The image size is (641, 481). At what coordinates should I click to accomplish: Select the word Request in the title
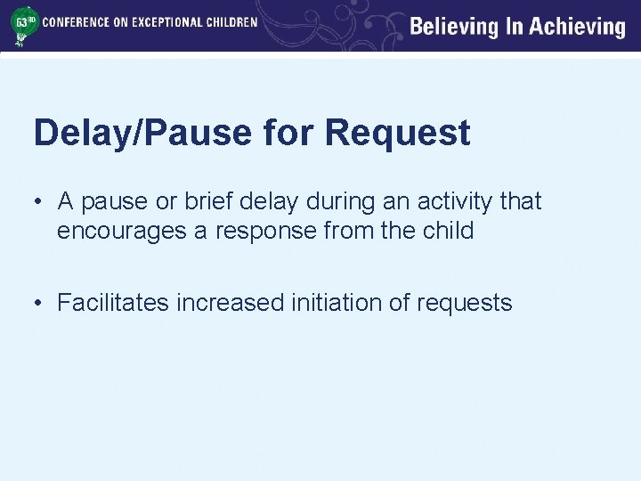[397, 134]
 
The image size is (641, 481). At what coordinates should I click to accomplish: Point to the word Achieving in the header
[578, 27]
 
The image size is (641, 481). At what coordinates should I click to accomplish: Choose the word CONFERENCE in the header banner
[77, 21]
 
